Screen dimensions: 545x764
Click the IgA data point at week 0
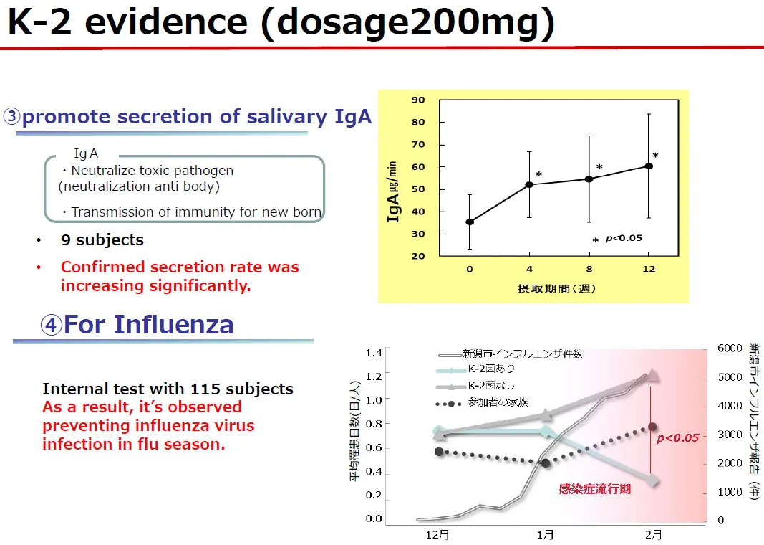[x=470, y=222]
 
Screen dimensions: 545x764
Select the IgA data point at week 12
[x=649, y=166]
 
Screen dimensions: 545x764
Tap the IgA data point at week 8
[x=589, y=179]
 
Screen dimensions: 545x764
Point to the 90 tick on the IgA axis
[x=418, y=100]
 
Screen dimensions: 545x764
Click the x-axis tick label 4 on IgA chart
[x=529, y=270]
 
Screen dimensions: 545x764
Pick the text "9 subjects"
[x=102, y=240]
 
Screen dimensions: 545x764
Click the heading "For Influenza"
[x=148, y=325]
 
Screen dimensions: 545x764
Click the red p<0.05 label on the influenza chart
[x=677, y=438]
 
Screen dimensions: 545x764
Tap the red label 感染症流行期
[x=595, y=489]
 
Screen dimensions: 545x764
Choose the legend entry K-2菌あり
[x=490, y=369]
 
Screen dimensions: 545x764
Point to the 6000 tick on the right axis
[x=730, y=349]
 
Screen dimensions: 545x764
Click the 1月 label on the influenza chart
[x=545, y=535]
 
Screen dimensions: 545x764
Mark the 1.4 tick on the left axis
[x=374, y=353]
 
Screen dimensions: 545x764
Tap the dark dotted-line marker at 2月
[x=652, y=427]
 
